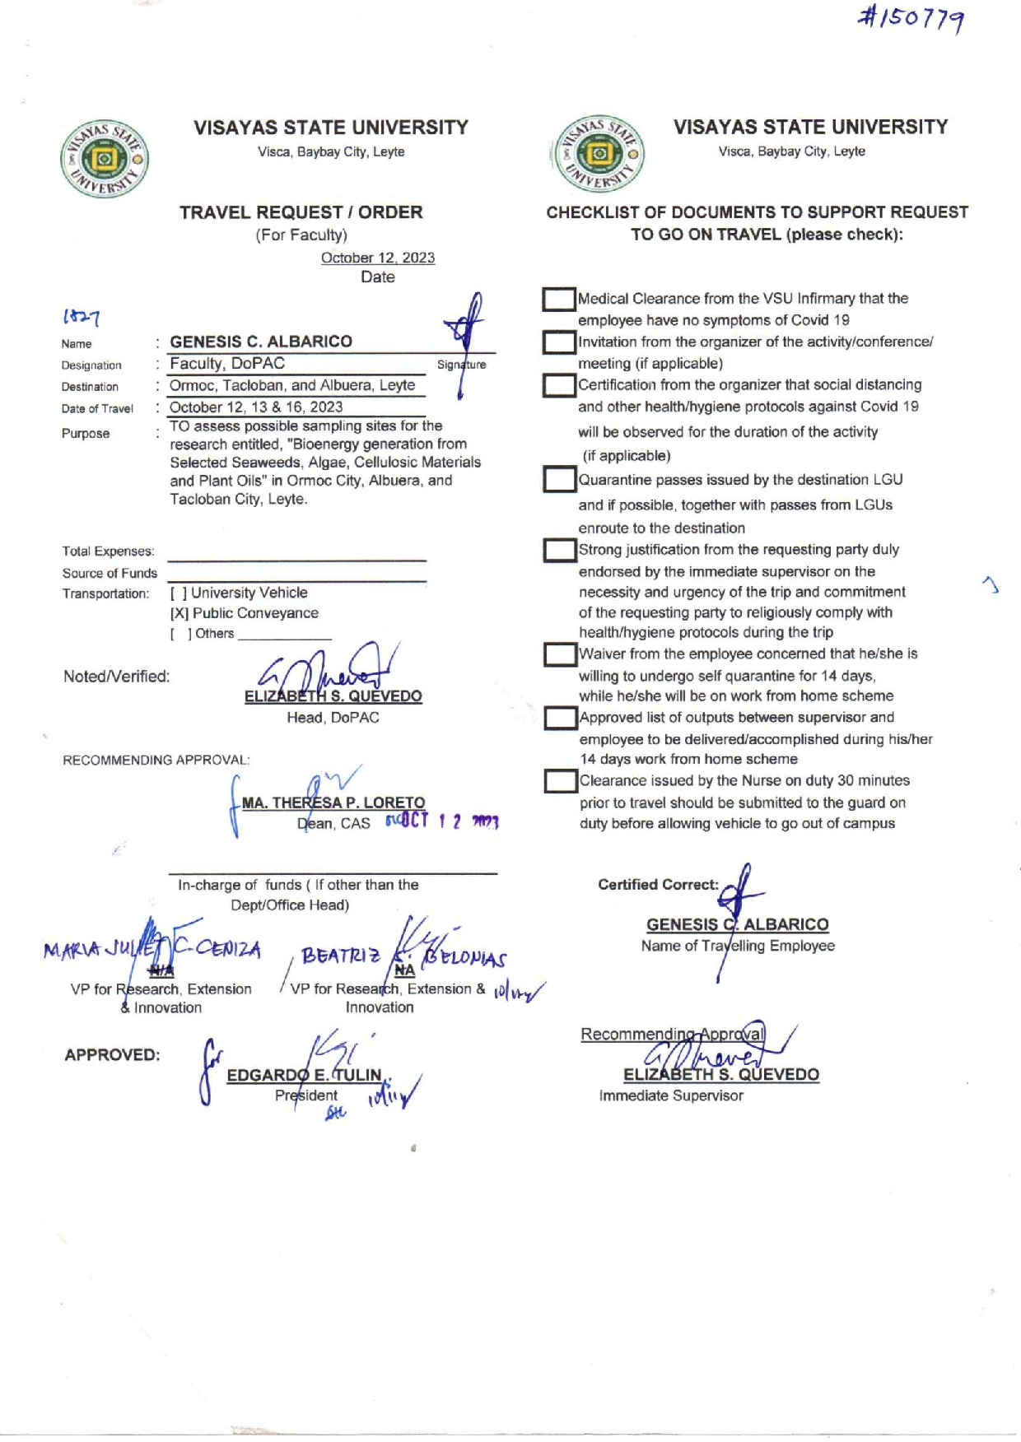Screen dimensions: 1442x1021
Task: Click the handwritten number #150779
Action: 911,19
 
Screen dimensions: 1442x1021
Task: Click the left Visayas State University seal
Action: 105,160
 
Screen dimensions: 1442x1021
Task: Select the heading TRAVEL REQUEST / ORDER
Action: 301,212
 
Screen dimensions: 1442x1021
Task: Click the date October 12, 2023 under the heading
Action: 377,258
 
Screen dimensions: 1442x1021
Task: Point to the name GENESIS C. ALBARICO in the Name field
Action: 261,342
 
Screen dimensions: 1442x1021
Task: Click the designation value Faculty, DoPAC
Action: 227,364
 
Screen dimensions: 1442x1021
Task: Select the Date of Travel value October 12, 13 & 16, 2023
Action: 256,407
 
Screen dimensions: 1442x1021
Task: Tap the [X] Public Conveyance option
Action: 244,613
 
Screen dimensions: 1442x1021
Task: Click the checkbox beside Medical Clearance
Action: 559,300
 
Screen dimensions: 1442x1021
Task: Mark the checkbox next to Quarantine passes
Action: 559,480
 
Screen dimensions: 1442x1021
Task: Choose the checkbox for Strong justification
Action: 559,551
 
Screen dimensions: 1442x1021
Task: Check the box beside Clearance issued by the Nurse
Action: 560,781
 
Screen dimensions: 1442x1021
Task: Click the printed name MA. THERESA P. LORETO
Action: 333,802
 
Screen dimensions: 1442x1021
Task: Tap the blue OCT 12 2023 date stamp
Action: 443,821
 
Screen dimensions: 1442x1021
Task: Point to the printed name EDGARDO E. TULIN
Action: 304,1075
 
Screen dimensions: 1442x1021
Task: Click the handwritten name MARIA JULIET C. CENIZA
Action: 152,950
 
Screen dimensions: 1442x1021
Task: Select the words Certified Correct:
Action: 658,885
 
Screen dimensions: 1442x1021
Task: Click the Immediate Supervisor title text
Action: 671,1095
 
